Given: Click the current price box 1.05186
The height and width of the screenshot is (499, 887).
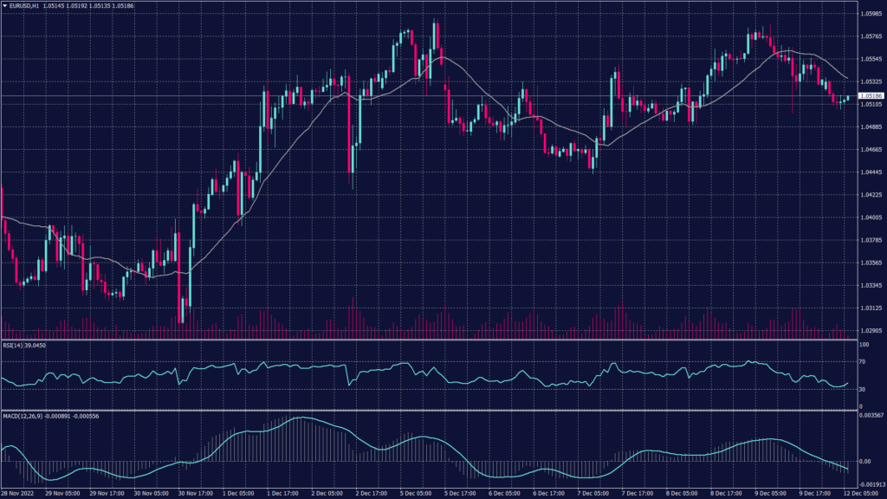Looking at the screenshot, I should (870, 95).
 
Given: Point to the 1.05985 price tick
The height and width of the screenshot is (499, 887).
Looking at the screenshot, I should (870, 14).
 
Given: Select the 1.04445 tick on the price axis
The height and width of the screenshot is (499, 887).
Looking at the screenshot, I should (870, 172).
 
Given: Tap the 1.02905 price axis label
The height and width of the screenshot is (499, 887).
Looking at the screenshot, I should (870, 330).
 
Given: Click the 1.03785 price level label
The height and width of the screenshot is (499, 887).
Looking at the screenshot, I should (870, 240).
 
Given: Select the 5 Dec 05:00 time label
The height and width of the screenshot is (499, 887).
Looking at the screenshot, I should (416, 493).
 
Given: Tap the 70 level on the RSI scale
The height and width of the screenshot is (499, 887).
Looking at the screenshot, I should (862, 361).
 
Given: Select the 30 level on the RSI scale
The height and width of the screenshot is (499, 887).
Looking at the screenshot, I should (862, 390).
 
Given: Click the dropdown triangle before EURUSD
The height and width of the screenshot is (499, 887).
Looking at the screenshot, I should (4, 5).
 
